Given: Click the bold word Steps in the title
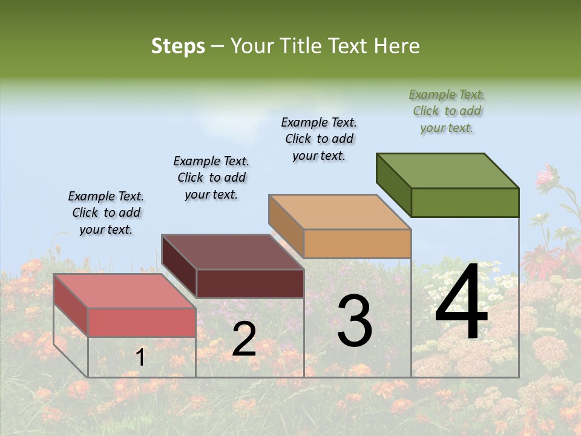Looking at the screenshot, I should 178,47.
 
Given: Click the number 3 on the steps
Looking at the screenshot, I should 355,322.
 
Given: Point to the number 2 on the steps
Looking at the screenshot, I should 244,339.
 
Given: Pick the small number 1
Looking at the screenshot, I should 140,357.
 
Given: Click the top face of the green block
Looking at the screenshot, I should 448,170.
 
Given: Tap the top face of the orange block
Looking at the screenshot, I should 340,212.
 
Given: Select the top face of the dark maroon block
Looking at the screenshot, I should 232,252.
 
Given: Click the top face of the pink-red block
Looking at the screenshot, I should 125,291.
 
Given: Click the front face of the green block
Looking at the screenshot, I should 465,202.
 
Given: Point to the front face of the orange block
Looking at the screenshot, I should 357,243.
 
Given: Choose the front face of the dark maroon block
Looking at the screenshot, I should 250,283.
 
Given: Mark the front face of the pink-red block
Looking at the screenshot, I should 142,322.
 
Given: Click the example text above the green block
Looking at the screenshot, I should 447,111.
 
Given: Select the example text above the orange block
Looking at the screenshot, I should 319,139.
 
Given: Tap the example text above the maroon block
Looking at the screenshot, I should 211,177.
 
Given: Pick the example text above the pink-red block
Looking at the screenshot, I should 106,213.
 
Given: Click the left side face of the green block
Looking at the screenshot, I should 393,184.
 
